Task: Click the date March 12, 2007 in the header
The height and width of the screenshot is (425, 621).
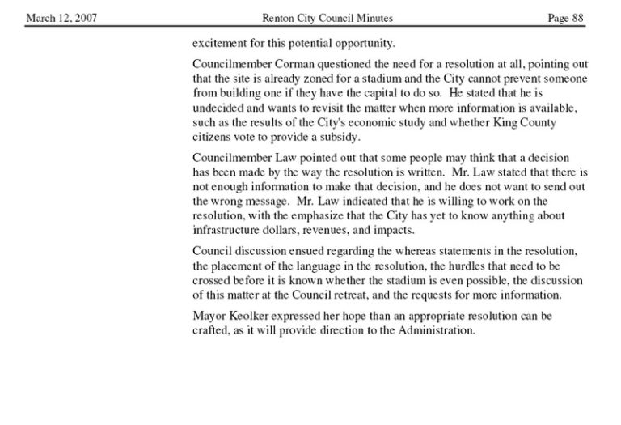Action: (x=62, y=18)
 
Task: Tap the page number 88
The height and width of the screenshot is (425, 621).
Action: (x=577, y=18)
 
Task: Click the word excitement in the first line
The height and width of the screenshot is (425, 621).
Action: (x=221, y=42)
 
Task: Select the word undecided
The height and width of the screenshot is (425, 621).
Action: (x=218, y=108)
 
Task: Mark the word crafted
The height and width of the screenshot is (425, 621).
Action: (x=211, y=330)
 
